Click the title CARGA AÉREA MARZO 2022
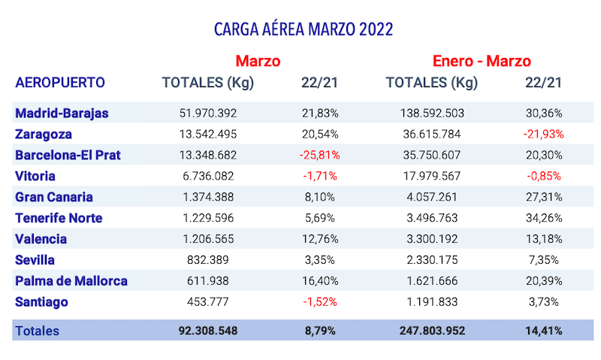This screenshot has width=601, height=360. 304,29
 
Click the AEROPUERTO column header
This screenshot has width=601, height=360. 60,83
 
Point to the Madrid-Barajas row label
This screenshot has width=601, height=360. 62,113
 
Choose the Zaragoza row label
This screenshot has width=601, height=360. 44,135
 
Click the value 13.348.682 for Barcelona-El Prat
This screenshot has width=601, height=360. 208,156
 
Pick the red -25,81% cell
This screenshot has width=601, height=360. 319,156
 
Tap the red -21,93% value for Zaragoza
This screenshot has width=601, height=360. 544,135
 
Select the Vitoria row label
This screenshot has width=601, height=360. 35,177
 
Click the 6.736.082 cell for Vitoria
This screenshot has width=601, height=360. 208,177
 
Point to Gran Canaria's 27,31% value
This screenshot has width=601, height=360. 544,197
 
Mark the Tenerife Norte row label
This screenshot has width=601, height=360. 59,218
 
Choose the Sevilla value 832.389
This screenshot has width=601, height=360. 208,260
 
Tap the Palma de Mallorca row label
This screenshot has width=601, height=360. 71,281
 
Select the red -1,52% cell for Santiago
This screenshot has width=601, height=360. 319,302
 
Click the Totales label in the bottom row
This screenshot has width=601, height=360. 38,331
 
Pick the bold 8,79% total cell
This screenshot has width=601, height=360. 319,331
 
